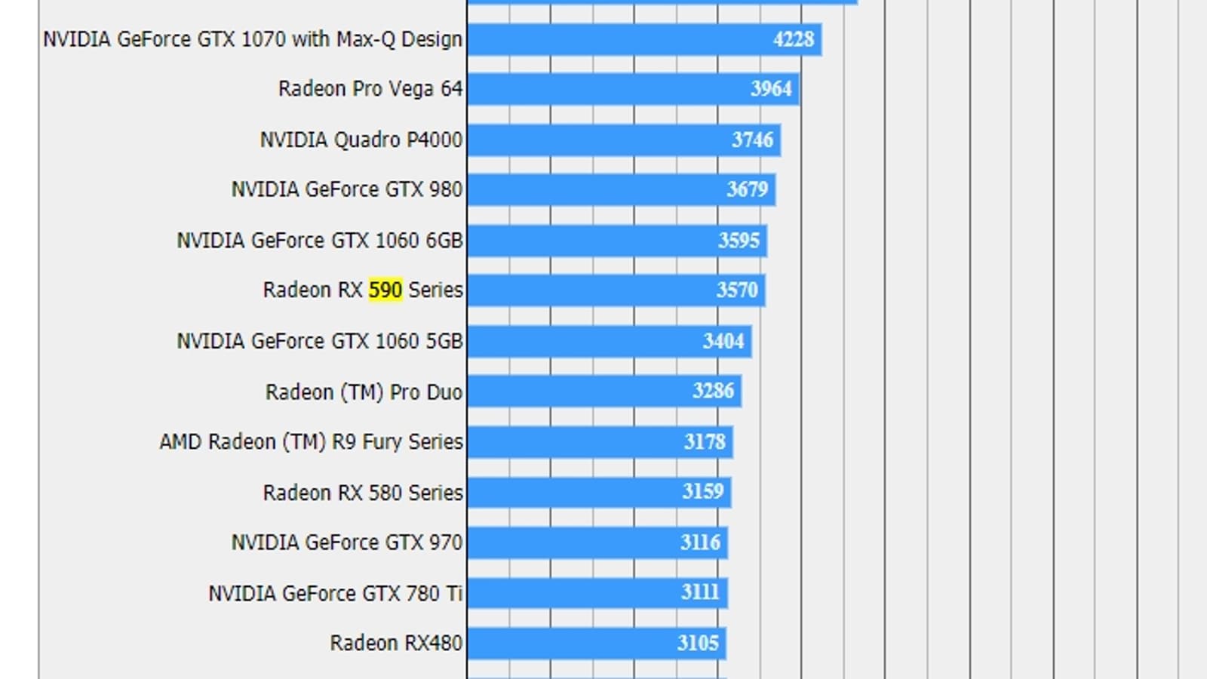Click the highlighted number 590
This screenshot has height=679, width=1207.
pos(385,290)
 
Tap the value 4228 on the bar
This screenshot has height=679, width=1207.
pos(794,39)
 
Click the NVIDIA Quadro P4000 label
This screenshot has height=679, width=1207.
pos(361,140)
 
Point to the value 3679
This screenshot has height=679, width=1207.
pos(747,189)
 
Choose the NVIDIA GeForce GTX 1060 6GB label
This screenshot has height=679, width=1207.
pos(320,240)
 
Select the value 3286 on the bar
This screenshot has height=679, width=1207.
pos(713,391)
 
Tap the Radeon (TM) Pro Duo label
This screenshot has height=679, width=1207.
pos(364,392)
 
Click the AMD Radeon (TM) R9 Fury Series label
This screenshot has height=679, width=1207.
pos(311,441)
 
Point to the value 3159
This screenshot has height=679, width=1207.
pos(703,492)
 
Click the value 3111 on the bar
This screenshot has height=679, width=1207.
pos(700,592)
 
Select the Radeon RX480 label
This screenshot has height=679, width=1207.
pos(396,643)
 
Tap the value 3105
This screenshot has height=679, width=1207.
pos(698,643)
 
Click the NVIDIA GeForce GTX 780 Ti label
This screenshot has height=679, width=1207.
pos(335,593)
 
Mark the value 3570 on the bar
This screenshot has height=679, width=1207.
pos(737,290)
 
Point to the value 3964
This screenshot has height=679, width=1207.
pos(771,89)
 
